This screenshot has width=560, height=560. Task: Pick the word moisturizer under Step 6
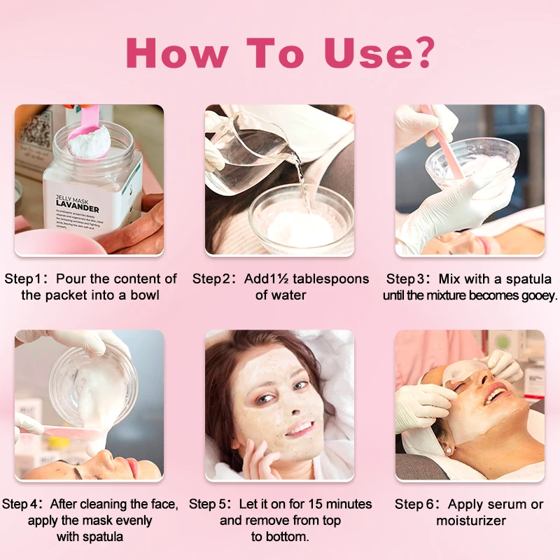[470, 521]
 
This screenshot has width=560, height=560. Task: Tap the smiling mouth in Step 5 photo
[300, 427]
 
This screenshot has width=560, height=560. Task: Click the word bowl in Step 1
[145, 295]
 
